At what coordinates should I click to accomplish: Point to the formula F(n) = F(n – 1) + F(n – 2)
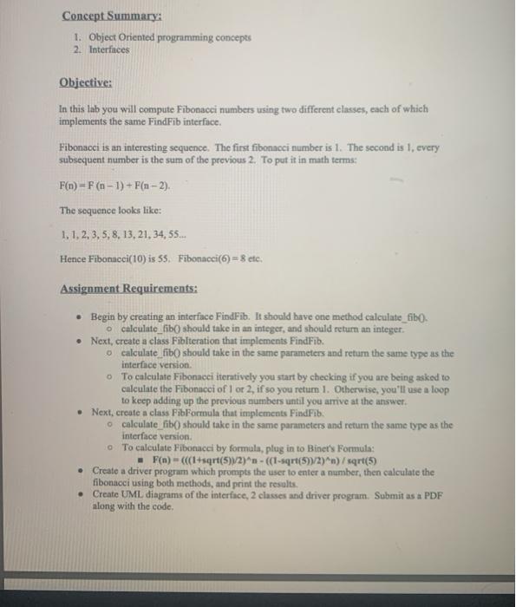pos(115,186)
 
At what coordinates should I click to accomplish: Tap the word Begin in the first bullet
pos(105,319)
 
